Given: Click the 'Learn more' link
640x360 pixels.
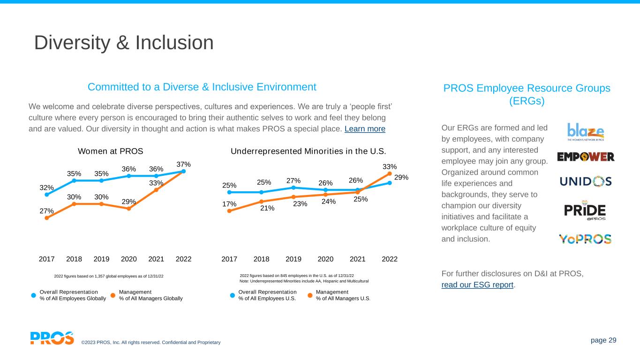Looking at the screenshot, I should (x=365, y=129).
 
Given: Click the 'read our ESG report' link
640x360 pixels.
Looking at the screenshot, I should (x=478, y=285).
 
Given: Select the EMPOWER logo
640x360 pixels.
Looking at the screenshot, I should (x=586, y=157).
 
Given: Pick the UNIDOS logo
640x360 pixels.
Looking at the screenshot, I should (x=586, y=181).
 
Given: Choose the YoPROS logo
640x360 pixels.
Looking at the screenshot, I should (x=585, y=239).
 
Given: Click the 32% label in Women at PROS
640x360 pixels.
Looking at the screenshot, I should (x=46, y=188).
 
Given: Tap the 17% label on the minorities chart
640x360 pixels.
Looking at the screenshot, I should (x=229, y=204).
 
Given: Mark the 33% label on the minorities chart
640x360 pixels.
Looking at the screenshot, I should (x=390, y=166).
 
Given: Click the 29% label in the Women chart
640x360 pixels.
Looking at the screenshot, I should (x=129, y=202).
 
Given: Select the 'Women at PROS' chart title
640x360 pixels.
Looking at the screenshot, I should (x=110, y=151).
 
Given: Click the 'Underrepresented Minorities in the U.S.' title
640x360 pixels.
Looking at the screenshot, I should (x=309, y=151).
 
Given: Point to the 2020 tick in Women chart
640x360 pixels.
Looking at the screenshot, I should (x=129, y=259).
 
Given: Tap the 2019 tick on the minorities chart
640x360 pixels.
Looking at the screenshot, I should (x=294, y=259).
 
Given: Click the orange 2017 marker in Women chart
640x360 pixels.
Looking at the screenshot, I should (x=46, y=218).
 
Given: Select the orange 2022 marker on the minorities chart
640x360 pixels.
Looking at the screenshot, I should (x=390, y=173).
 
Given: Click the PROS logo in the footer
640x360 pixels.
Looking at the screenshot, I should (x=52, y=338).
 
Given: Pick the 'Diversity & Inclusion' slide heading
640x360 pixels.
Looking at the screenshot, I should (x=124, y=43).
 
